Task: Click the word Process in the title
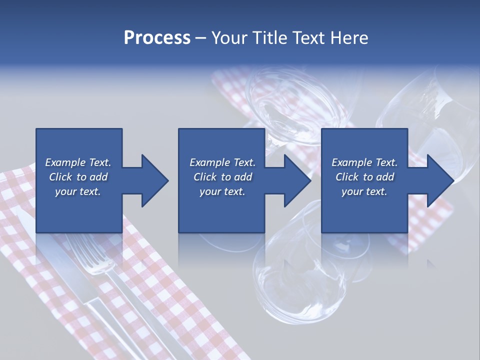[157, 38]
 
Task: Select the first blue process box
[79, 210]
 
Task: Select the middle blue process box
[221, 210]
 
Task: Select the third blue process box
[364, 210]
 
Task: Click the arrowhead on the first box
[154, 180]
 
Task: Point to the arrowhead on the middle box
[297, 180]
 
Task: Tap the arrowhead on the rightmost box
[440, 180]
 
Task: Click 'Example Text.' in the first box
[78, 162]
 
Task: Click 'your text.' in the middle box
[222, 191]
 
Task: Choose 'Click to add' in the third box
[364, 177]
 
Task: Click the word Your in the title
[228, 38]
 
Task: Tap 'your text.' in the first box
[78, 191]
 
